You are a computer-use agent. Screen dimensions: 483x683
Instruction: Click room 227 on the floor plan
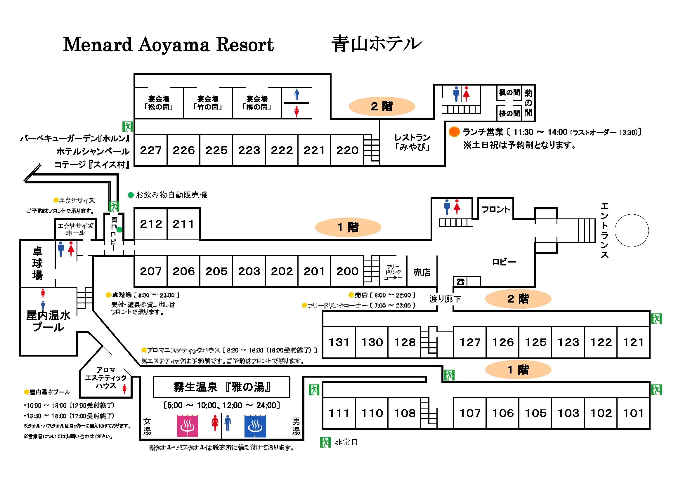[151, 150]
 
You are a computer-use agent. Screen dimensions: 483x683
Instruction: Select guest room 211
[183, 224]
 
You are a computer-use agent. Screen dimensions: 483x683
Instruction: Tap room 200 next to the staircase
[347, 271]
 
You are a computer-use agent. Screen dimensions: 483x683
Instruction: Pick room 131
[339, 342]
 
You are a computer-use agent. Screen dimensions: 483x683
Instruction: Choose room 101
[633, 413]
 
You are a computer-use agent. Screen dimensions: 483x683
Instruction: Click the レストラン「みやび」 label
[412, 142]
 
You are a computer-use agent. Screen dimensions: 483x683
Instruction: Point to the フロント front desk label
[495, 209]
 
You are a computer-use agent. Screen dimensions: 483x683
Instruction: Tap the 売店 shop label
[422, 272]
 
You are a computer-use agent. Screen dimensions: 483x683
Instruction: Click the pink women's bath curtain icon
[188, 426]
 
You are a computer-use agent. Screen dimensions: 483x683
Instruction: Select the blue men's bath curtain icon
[255, 426]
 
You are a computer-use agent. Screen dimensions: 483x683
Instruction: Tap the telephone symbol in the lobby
[460, 281]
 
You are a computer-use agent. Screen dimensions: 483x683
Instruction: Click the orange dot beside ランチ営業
[454, 131]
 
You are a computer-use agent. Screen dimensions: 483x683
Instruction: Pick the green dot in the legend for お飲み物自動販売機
[131, 195]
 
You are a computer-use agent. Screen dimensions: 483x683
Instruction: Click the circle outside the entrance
[632, 230]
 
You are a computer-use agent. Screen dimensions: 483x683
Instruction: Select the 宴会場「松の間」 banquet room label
[159, 103]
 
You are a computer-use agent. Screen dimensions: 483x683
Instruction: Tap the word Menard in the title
[98, 45]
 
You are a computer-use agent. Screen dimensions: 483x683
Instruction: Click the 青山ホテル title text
[377, 44]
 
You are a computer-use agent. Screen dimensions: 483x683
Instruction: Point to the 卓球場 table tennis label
[37, 263]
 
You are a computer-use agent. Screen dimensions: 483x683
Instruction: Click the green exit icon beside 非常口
[325, 442]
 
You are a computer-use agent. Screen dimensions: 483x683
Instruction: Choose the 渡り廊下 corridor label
[445, 299]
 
